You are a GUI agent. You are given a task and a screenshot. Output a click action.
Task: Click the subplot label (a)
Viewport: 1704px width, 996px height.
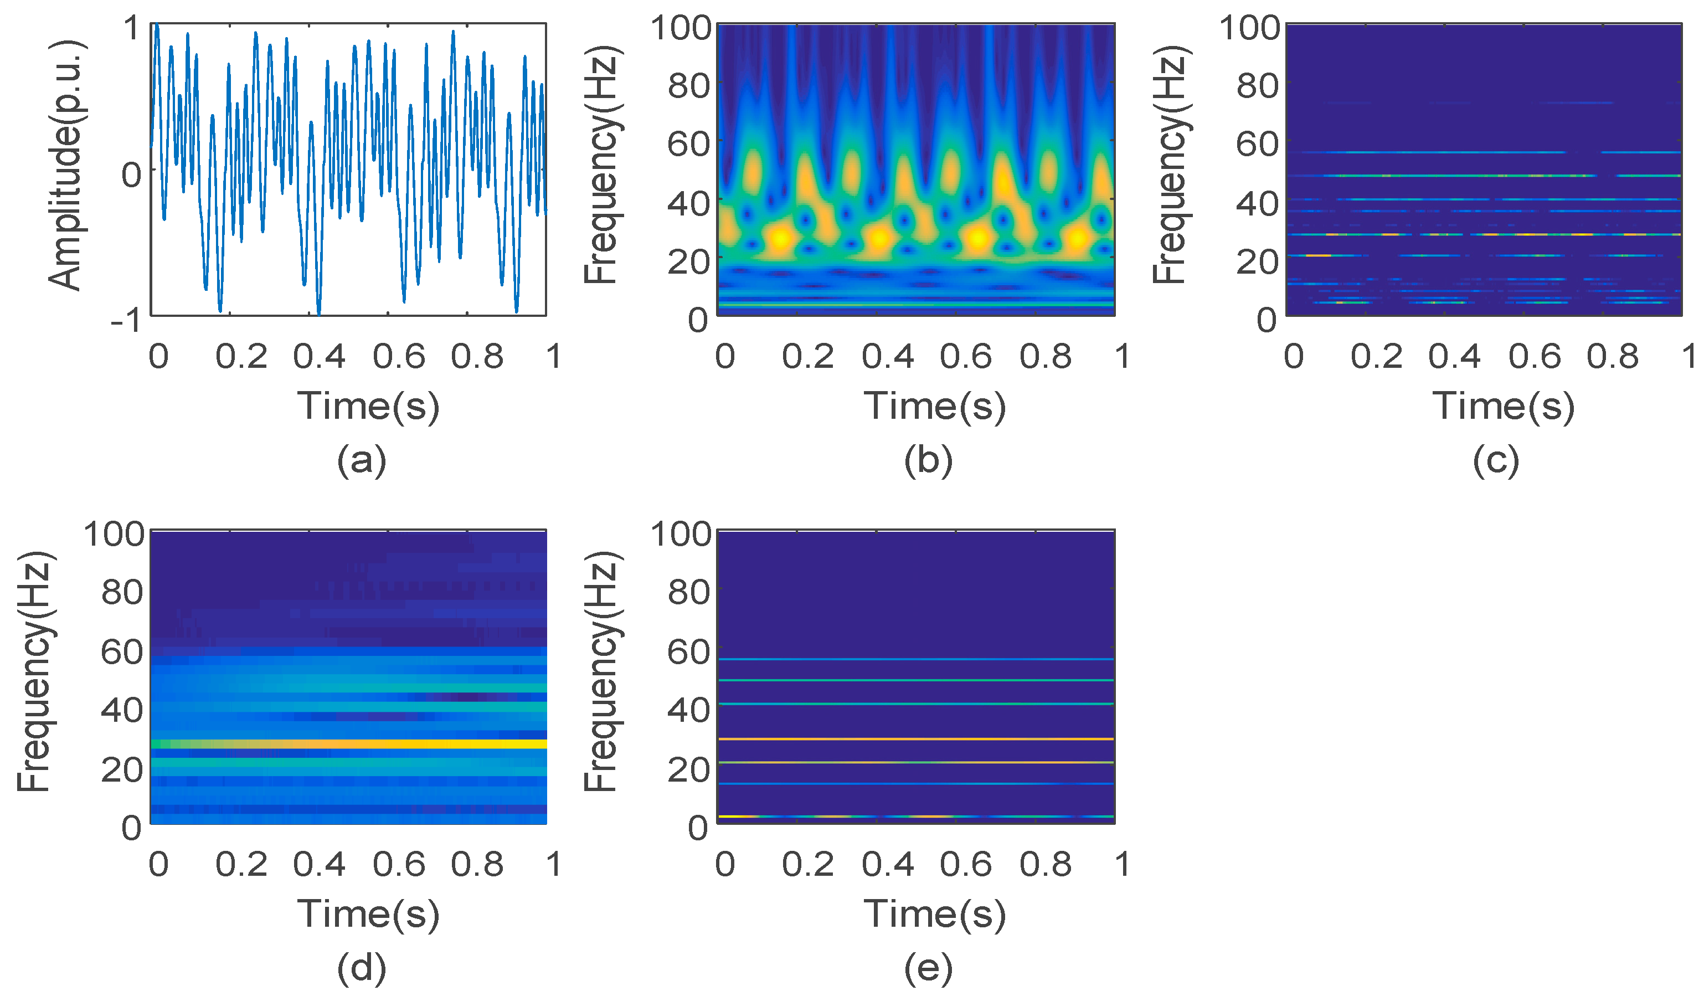coord(361,461)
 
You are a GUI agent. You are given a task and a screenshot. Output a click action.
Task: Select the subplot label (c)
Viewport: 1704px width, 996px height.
coord(1496,461)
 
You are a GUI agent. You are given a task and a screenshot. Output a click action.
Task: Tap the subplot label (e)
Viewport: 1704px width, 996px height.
coord(928,968)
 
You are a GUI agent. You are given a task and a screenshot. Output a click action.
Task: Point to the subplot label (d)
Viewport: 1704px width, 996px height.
coord(361,968)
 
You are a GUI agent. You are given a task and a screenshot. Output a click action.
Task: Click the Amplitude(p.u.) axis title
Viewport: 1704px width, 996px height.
coord(66,166)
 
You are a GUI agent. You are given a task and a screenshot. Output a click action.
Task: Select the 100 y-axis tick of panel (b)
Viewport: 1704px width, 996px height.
coord(680,28)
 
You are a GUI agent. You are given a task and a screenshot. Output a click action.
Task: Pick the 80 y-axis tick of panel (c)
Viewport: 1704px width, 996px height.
coord(1257,86)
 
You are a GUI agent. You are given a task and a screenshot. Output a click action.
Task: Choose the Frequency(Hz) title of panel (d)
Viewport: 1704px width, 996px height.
coord(34,672)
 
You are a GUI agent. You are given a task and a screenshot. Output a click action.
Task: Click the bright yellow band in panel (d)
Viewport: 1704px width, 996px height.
coord(406,745)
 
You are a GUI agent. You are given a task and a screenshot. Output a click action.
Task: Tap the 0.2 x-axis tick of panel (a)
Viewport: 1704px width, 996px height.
coord(241,356)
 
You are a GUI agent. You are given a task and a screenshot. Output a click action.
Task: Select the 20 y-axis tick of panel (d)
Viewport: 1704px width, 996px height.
coord(122,769)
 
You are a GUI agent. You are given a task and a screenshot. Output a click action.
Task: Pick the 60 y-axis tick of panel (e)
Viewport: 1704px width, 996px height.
coord(688,652)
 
